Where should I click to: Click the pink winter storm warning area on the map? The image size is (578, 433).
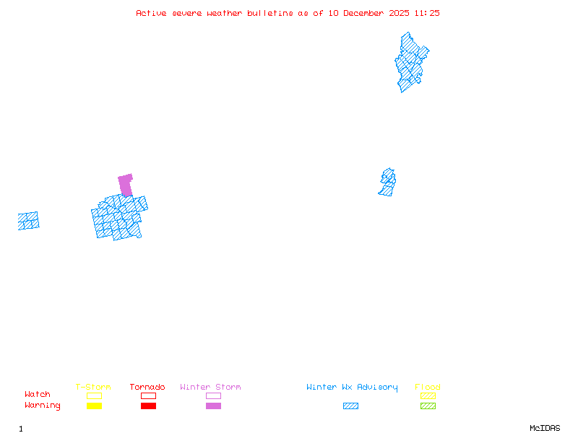[126, 183]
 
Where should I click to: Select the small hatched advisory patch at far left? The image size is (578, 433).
[28, 221]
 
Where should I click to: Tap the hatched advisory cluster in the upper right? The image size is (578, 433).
[410, 63]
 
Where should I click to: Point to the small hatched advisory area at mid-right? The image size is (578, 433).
[387, 182]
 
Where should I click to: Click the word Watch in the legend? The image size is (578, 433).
[38, 395]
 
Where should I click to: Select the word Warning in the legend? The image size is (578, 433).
[43, 406]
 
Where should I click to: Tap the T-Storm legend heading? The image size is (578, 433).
[93, 388]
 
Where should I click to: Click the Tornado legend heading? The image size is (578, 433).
[147, 388]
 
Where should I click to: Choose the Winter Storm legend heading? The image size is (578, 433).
[210, 388]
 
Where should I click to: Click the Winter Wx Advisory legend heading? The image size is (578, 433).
[352, 388]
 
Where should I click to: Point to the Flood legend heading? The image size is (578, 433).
[428, 388]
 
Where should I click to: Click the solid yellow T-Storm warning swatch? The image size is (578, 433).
[94, 406]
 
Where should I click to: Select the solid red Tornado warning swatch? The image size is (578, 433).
[148, 406]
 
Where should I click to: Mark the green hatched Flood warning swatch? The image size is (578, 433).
[428, 406]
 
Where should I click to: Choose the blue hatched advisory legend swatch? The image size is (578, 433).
[350, 406]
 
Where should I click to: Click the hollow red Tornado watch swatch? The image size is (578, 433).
[148, 395]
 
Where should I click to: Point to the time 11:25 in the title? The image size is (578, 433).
[426, 13]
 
